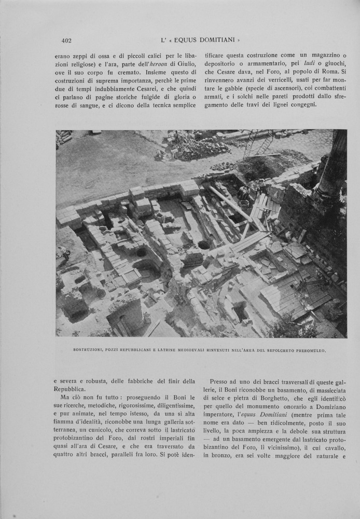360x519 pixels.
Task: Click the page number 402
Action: tap(66, 40)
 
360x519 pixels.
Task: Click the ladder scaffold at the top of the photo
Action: tap(258, 142)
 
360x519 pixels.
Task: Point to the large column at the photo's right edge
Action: tap(334, 166)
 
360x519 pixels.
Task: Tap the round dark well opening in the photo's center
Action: tap(204, 244)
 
